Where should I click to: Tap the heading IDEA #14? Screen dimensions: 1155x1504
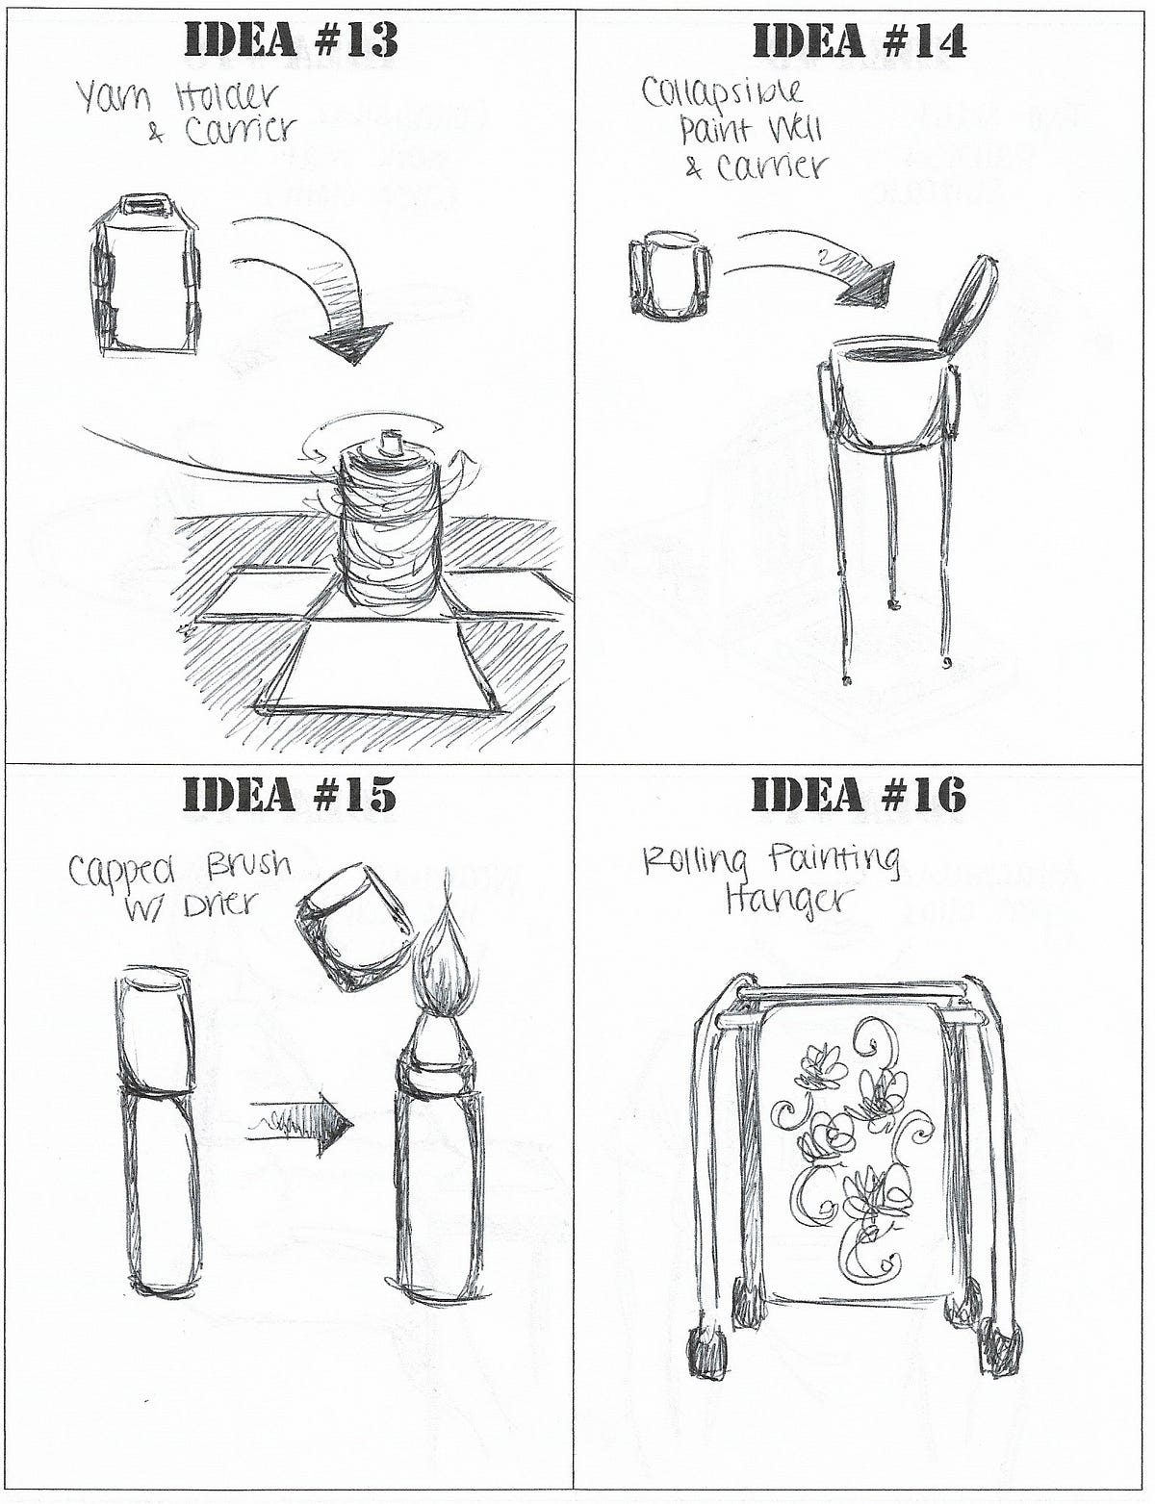[859, 41]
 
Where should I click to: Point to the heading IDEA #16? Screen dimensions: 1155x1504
[859, 794]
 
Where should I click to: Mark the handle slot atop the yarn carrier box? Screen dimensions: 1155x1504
[146, 205]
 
